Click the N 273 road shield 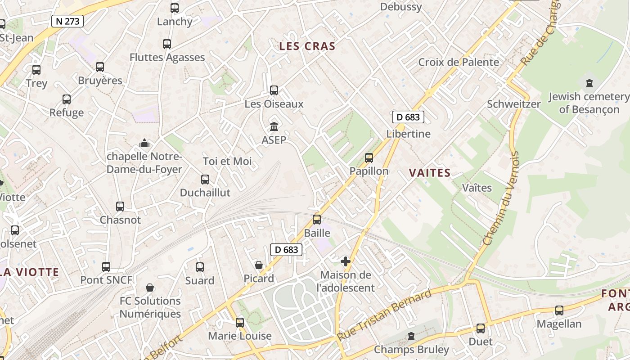(x=67, y=21)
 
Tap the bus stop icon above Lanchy (x=175, y=8)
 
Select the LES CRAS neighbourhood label (x=307, y=46)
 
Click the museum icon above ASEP (x=274, y=126)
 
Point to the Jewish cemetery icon (x=589, y=83)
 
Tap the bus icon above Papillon (x=369, y=157)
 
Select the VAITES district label (x=430, y=173)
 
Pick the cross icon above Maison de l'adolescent (x=346, y=261)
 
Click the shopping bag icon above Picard (x=259, y=265)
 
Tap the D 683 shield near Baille (x=286, y=249)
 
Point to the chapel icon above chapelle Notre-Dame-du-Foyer (x=144, y=143)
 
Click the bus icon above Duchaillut (x=205, y=179)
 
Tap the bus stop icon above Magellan (x=559, y=310)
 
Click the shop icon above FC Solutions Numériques (x=150, y=288)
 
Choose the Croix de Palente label (x=459, y=62)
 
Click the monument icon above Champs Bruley (x=411, y=336)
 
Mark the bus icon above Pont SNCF (x=106, y=266)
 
